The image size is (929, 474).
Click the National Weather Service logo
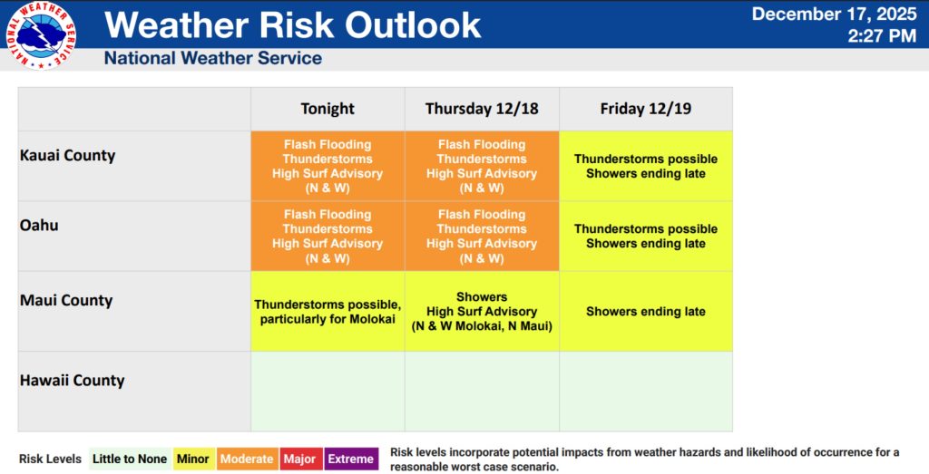[x=41, y=35]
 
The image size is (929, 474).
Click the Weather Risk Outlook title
[x=293, y=24]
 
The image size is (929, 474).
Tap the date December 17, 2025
[x=835, y=14]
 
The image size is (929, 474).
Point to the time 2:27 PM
[x=882, y=35]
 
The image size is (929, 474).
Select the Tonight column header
[x=328, y=109]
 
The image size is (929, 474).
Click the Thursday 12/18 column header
[x=482, y=109]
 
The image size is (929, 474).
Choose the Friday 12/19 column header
[x=646, y=109]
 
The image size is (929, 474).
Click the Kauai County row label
[x=67, y=156]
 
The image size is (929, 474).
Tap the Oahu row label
[x=39, y=226]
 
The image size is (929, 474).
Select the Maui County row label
[x=66, y=301]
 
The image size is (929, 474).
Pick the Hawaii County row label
[x=73, y=381]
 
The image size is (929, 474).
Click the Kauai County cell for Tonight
[x=328, y=166]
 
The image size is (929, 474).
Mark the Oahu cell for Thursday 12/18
[x=482, y=237]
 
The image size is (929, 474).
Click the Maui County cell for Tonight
[x=328, y=311]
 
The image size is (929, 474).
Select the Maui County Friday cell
[x=646, y=311]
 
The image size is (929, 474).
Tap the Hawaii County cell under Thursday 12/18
[x=482, y=392]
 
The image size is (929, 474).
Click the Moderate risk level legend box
[x=247, y=459]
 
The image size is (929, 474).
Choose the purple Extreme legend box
[x=351, y=459]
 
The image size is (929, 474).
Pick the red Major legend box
[x=299, y=459]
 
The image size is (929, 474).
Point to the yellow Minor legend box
[x=193, y=459]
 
